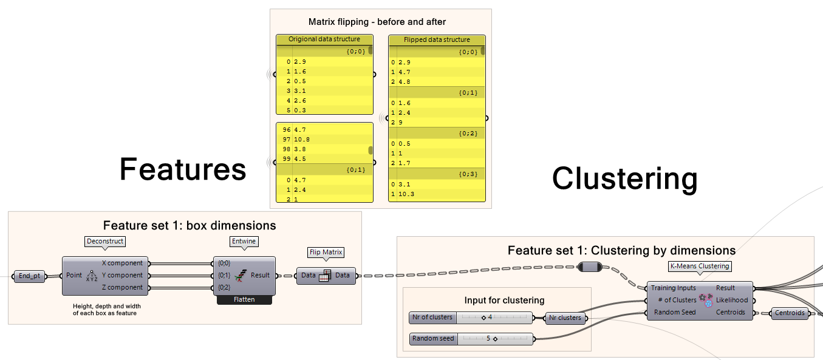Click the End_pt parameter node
click(x=30, y=276)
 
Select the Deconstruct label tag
click(x=104, y=241)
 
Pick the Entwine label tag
click(x=244, y=241)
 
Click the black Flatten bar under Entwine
click(x=244, y=299)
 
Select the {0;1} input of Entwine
click(x=224, y=276)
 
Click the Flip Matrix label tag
click(x=327, y=253)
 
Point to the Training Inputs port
click(x=673, y=288)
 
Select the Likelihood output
click(x=732, y=300)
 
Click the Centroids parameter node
click(x=790, y=313)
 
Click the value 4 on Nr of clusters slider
click(x=489, y=318)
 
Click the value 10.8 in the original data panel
click(x=302, y=139)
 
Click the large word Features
click(x=183, y=169)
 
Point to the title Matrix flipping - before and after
click(x=377, y=22)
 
